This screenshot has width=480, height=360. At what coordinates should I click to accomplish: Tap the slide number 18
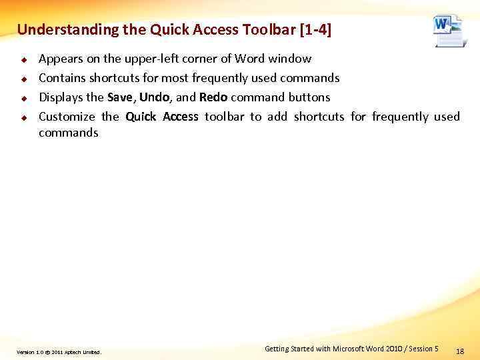(x=459, y=351)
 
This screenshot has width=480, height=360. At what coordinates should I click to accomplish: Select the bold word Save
(x=120, y=97)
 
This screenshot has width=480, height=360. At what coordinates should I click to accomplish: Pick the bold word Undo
(x=154, y=97)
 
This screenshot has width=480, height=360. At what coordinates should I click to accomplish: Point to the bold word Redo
(x=213, y=97)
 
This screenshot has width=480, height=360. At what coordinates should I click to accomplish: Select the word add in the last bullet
(x=277, y=117)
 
